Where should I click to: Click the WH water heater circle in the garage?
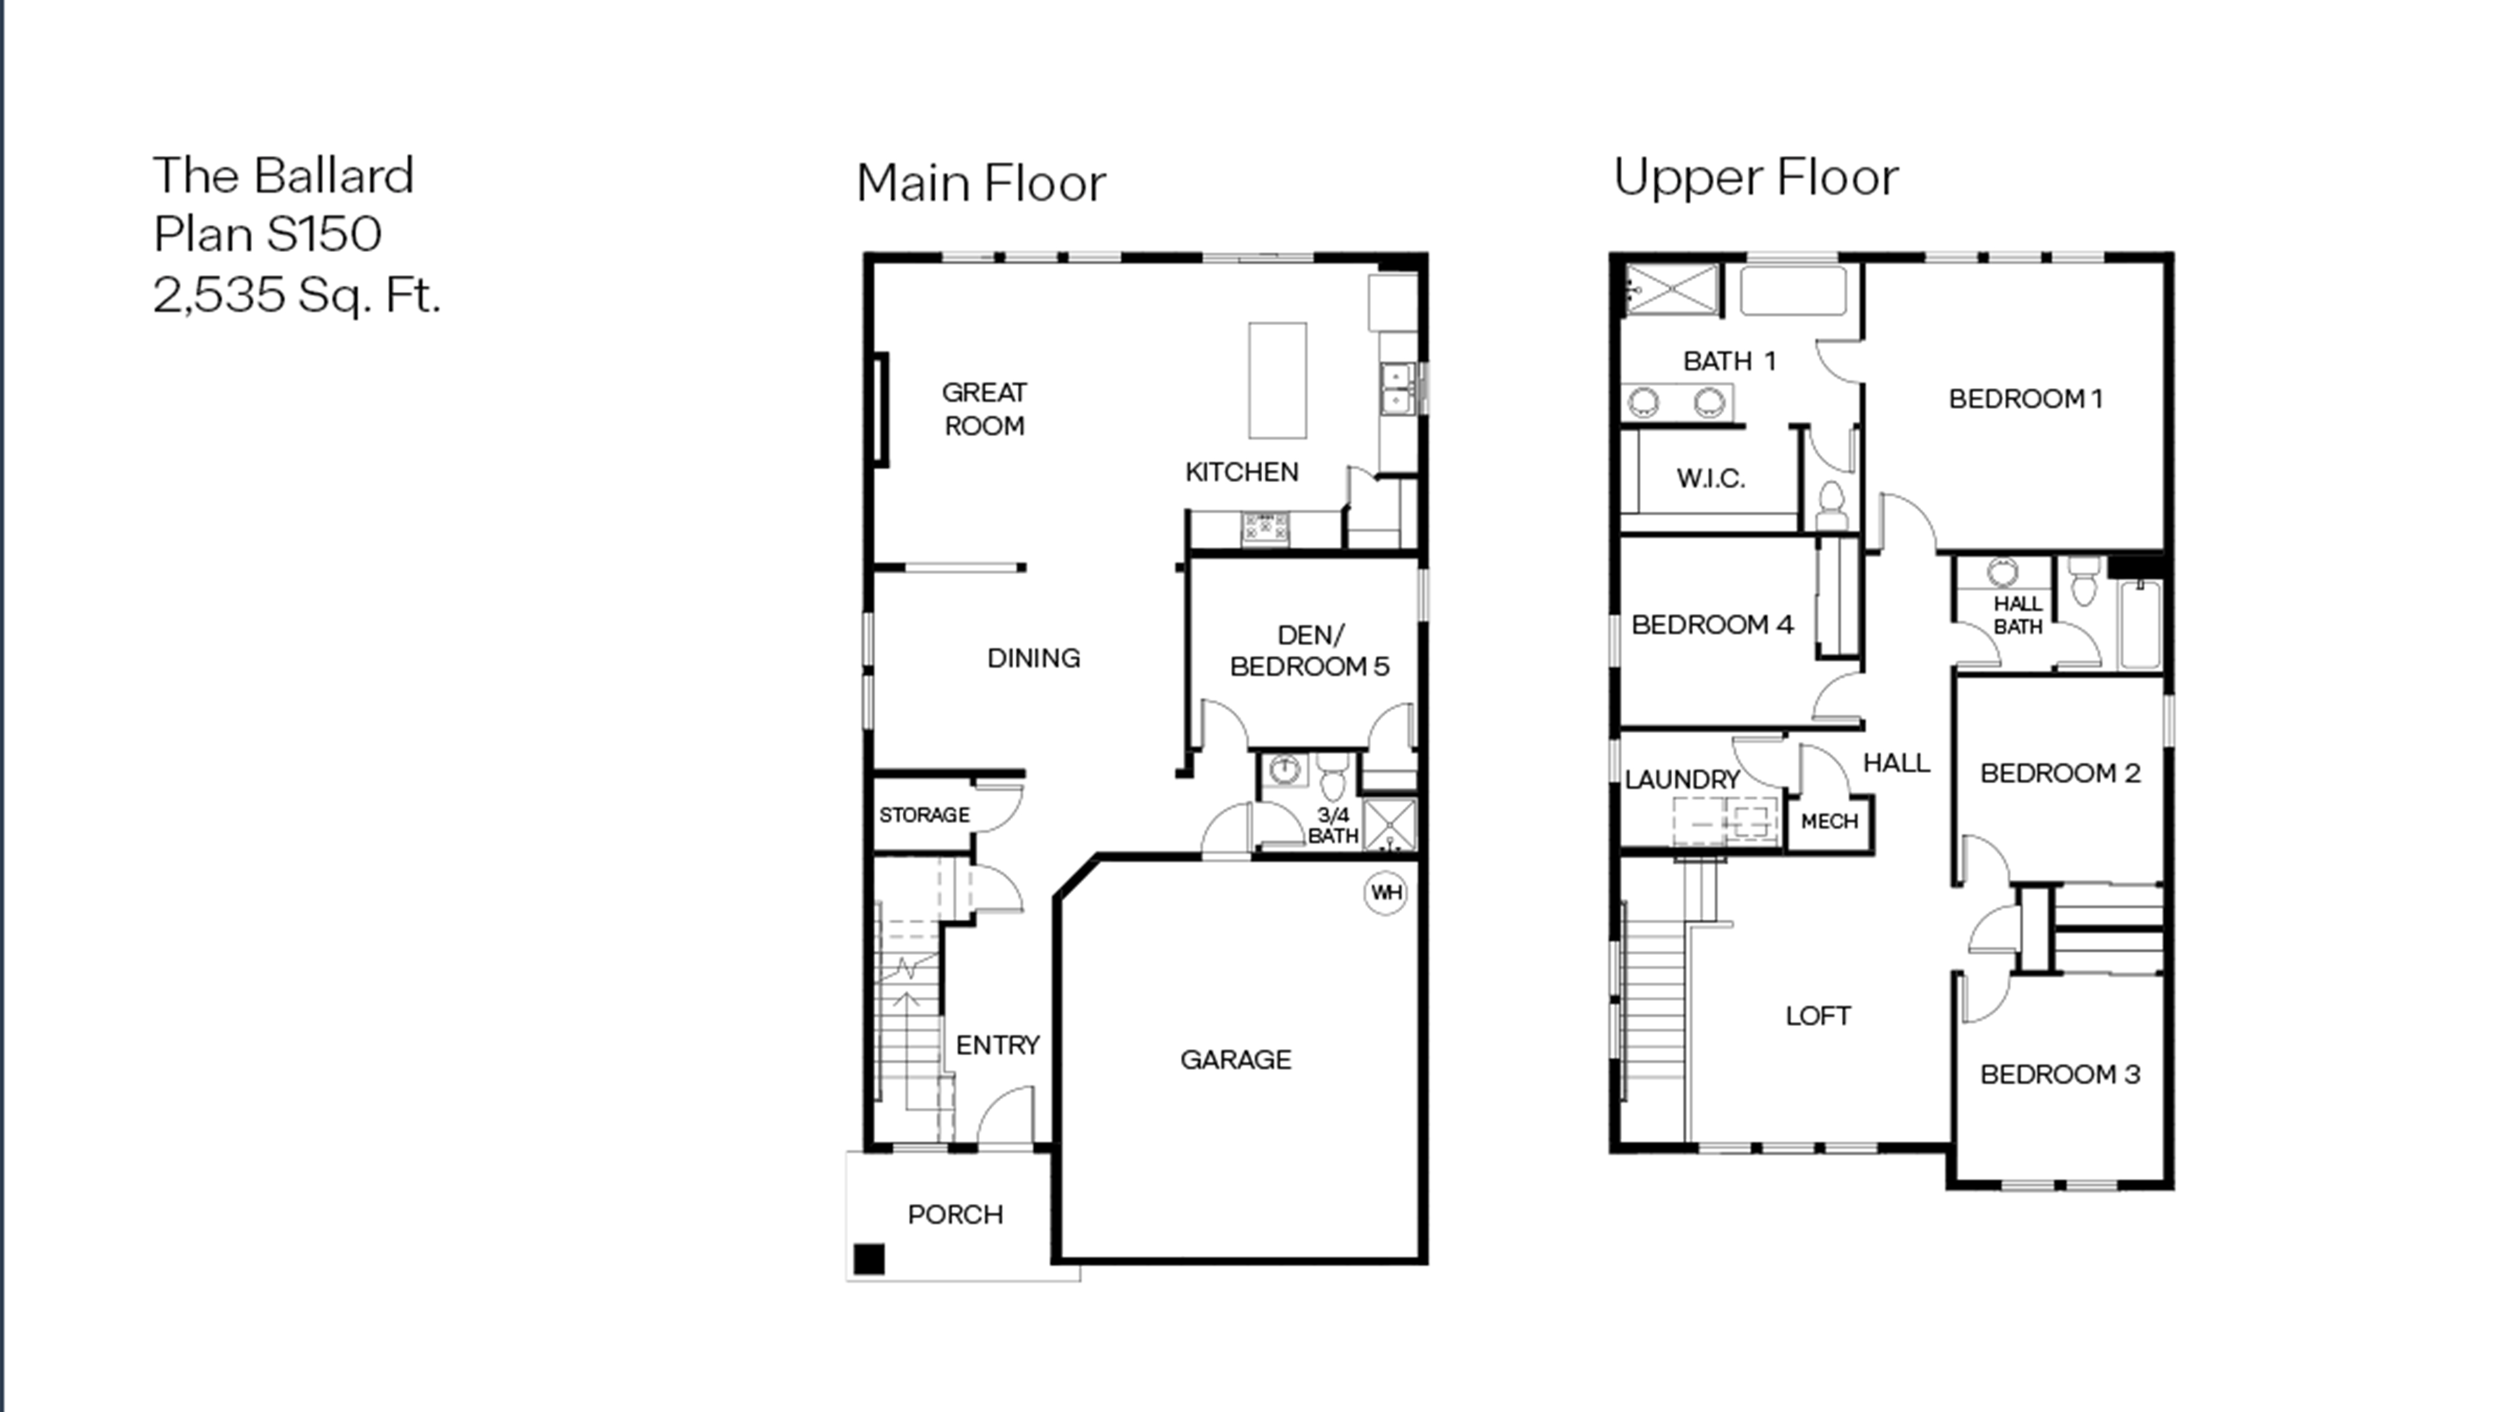coord(1385,892)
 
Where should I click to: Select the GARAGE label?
coord(1236,1059)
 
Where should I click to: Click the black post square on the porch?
coord(869,1259)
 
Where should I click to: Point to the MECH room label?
coord(1829,821)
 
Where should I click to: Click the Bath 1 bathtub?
coord(1793,290)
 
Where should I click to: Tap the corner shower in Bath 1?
coord(1672,290)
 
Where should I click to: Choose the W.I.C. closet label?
coord(1710,478)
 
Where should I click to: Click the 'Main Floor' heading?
coord(981,183)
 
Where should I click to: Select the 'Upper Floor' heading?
coord(1756,177)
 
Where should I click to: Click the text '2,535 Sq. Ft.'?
coord(297,295)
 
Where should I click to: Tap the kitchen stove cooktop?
coord(1265,528)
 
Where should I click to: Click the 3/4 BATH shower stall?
coord(1389,825)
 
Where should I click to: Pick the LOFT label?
coord(1818,1016)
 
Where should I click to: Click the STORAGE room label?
coord(924,815)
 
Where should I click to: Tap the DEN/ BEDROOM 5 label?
coord(1309,651)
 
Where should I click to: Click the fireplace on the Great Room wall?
coord(881,409)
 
